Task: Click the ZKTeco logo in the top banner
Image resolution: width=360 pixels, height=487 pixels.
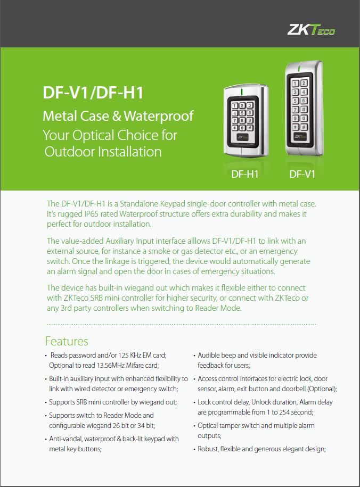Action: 311,30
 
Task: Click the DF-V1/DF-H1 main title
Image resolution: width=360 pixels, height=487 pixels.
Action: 93,93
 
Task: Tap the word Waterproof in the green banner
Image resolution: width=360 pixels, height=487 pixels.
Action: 159,117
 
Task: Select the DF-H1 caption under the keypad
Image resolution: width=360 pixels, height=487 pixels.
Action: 245,174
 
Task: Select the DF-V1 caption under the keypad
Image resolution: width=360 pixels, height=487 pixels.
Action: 302,174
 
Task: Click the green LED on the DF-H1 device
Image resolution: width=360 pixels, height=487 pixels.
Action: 242,92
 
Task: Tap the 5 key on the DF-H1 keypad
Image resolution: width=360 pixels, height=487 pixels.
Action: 242,113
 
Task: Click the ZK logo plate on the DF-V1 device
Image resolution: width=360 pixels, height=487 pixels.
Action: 299,137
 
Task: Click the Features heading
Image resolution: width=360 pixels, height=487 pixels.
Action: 67,341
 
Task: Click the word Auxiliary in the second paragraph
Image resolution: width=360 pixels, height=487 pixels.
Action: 120,241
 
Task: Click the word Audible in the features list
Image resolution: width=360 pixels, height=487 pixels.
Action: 209,356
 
